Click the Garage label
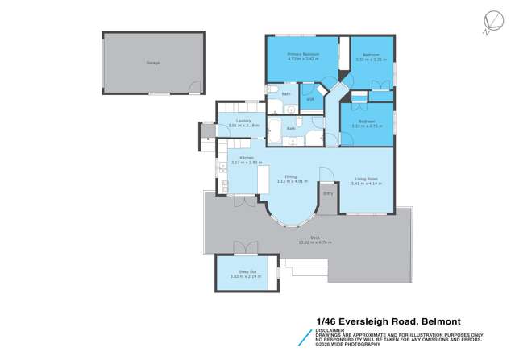click(x=152, y=62)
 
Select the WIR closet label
click(x=309, y=99)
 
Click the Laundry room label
click(x=234, y=121)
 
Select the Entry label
click(x=328, y=193)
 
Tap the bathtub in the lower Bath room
click(x=274, y=128)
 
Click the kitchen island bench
click(x=262, y=184)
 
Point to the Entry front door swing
click(x=325, y=175)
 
